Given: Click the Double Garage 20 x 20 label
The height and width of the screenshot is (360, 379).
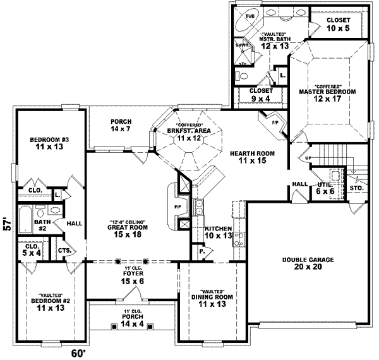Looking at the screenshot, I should coord(309,263).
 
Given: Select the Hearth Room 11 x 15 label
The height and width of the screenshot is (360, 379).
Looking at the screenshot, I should coord(247,157).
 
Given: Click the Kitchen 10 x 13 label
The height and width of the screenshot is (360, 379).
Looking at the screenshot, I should coord(218,232).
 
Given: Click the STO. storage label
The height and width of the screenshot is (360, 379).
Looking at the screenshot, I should coord(356,188).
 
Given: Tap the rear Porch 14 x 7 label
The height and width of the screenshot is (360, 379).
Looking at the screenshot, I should coord(120,125).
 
